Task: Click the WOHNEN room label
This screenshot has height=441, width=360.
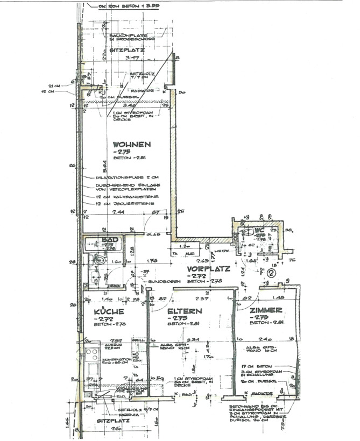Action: (x=131, y=144)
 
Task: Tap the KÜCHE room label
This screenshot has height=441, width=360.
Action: (x=109, y=311)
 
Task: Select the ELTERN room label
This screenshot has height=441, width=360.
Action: (x=184, y=311)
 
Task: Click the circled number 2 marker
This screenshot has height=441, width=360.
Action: (x=271, y=273)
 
